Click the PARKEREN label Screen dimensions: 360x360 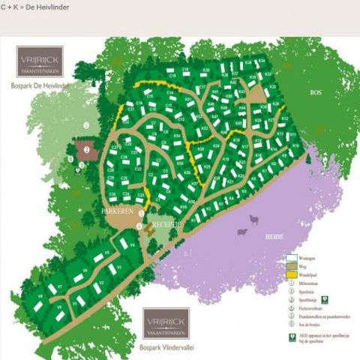[118, 211]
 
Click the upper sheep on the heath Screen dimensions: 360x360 [251, 217]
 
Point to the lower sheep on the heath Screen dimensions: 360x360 [242, 231]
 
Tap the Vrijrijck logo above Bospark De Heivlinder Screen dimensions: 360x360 [40, 61]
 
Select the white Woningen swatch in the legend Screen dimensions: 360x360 [293, 258]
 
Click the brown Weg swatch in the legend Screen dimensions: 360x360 [293, 267]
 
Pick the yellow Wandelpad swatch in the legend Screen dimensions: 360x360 [293, 275]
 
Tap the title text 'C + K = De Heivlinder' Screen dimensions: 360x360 [33, 6]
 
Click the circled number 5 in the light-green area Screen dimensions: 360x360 [86, 124]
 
